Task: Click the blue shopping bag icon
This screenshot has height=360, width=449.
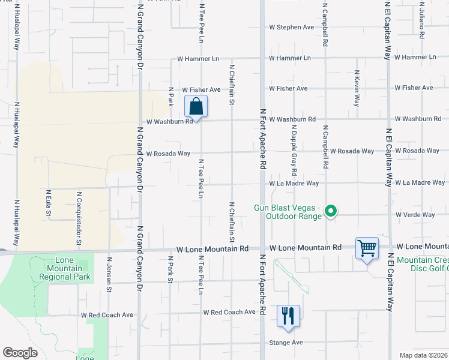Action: [196, 107]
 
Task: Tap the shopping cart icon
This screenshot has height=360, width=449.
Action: [367, 248]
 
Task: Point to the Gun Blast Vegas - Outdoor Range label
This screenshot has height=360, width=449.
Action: [289, 212]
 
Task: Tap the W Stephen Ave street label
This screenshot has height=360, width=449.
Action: [291, 27]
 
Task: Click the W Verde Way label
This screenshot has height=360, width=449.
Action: [415, 215]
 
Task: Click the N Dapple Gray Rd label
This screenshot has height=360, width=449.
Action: [294, 146]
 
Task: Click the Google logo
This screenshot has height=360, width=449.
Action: [20, 353]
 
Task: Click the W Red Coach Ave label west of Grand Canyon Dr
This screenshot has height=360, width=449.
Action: [107, 314]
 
